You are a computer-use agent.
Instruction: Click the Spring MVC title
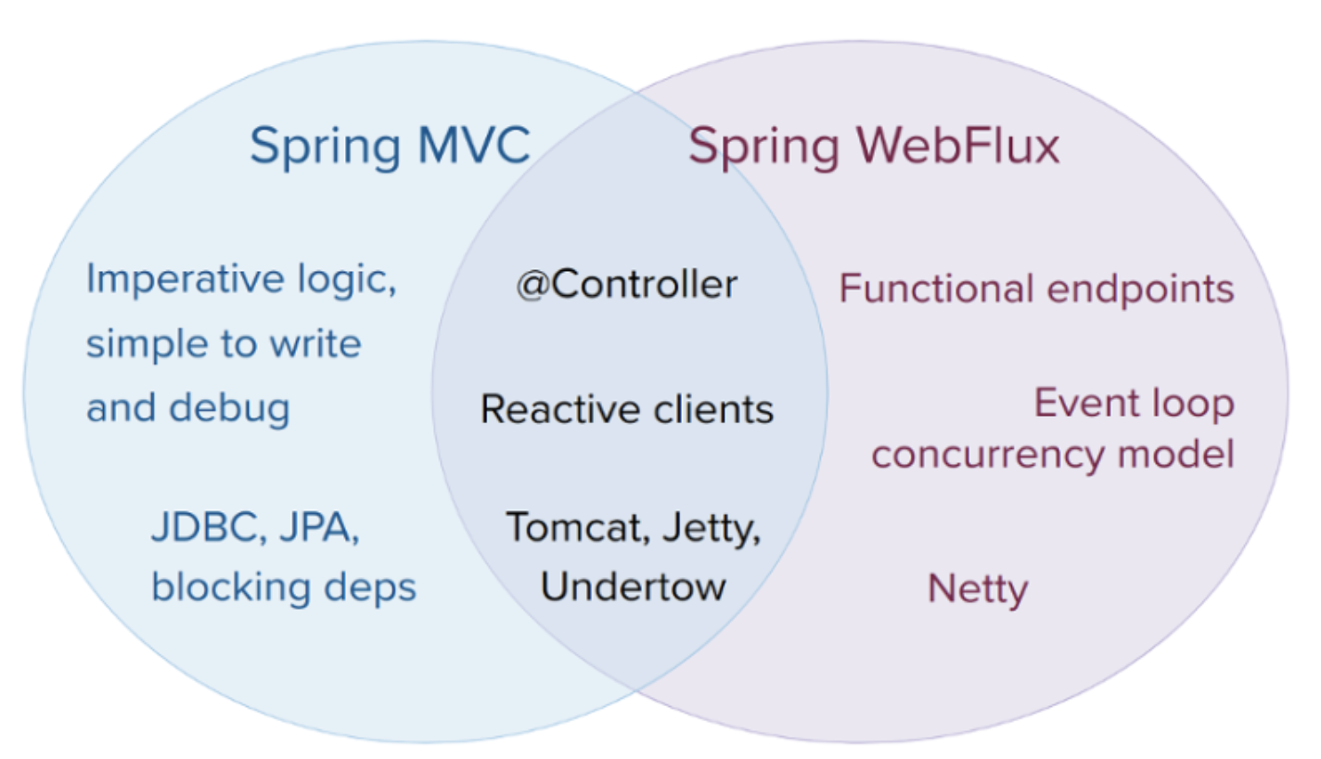390,147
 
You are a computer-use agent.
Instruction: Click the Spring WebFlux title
873,147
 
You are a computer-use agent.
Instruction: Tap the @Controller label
627,285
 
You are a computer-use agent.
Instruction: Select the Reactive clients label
627,409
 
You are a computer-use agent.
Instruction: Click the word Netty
978,588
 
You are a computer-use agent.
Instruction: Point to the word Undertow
634,585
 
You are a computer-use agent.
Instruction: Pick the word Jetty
712,529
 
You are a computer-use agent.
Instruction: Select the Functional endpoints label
1036,289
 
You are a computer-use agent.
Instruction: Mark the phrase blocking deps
284,586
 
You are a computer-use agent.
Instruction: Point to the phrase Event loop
1134,404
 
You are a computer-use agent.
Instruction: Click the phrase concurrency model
1053,456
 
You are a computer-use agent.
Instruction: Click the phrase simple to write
224,344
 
